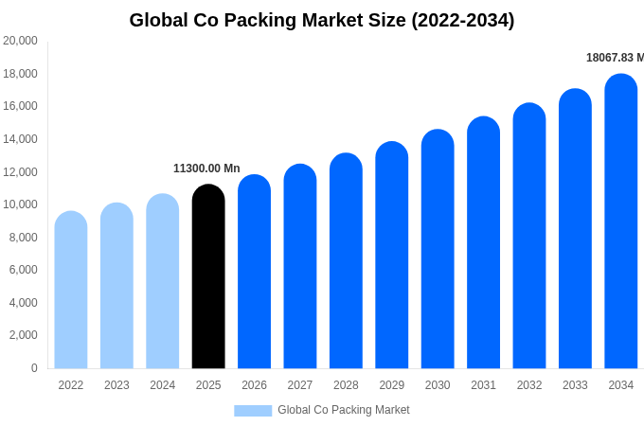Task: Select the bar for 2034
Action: (621, 222)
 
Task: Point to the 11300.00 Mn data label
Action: (206, 169)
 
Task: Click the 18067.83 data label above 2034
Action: (615, 58)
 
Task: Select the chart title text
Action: (322, 20)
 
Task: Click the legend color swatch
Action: (253, 410)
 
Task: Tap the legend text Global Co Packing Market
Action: (344, 410)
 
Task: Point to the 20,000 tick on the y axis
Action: (20, 41)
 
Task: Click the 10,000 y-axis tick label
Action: (20, 204)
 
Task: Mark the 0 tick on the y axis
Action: (34, 368)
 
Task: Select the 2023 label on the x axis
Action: (116, 385)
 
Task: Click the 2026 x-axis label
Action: (254, 385)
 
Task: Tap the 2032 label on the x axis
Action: (529, 385)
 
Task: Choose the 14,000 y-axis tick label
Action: (20, 139)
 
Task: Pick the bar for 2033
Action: (575, 229)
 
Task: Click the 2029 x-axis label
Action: (392, 385)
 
